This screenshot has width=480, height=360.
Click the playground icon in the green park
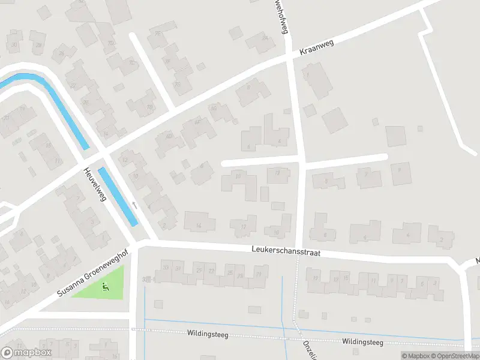[106, 286]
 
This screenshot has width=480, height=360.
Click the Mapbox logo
[26, 353]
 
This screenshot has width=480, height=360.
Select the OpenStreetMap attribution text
[454, 356]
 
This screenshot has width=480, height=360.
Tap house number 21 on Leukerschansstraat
[258, 274]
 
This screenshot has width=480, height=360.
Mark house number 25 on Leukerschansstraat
[230, 273]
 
